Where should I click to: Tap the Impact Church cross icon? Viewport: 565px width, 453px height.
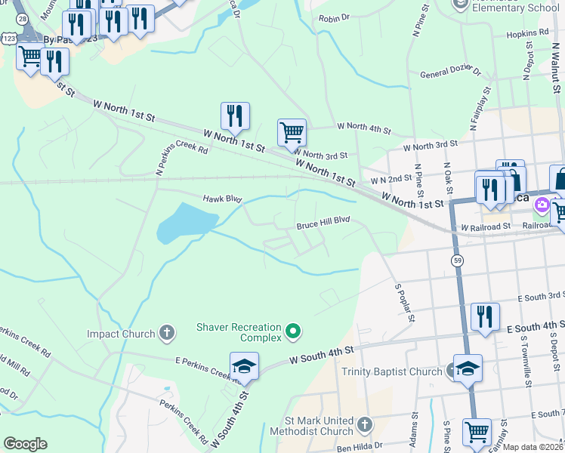coord(167,332)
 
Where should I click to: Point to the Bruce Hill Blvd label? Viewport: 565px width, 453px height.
coord(323,224)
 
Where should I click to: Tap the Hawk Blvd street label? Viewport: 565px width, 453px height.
coord(222,199)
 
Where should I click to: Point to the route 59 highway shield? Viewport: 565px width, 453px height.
coord(458,260)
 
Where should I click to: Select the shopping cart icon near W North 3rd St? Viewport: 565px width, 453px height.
coord(292,133)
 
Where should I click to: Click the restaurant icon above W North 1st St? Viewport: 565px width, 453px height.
coord(235,116)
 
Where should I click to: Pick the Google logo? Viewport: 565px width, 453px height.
coord(25,443)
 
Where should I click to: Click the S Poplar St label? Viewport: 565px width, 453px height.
coord(406,303)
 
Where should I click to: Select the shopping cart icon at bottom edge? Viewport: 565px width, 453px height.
coord(477,432)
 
